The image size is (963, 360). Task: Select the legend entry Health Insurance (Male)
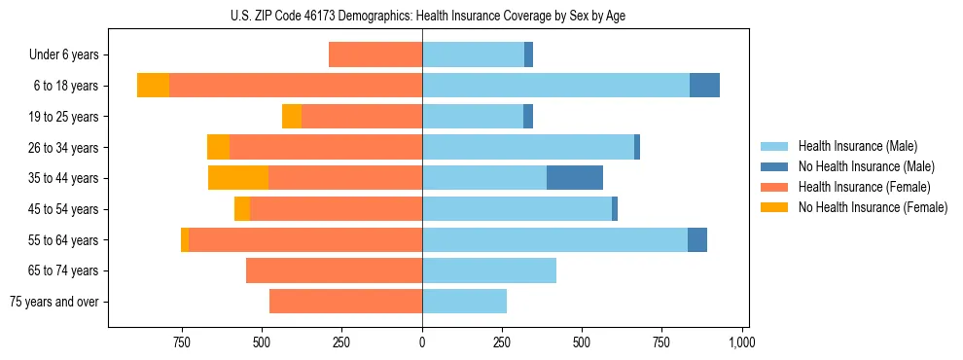coord(857,146)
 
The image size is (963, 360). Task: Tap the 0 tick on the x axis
coord(422,342)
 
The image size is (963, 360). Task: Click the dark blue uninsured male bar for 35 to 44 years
coord(575,178)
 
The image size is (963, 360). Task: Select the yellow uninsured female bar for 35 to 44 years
coord(238,178)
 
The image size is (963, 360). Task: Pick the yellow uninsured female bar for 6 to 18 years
coord(153,86)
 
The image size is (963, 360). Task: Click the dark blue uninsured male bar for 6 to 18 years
coord(704,86)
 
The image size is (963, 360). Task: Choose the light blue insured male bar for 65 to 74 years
coord(489,270)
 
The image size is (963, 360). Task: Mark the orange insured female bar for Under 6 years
coord(375,54)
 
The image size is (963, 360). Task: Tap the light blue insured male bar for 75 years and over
coord(464,302)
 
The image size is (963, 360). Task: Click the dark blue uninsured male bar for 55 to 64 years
coord(697,239)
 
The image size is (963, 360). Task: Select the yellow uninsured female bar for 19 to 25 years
coord(292,117)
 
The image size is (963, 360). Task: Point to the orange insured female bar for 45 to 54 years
coord(336,209)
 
